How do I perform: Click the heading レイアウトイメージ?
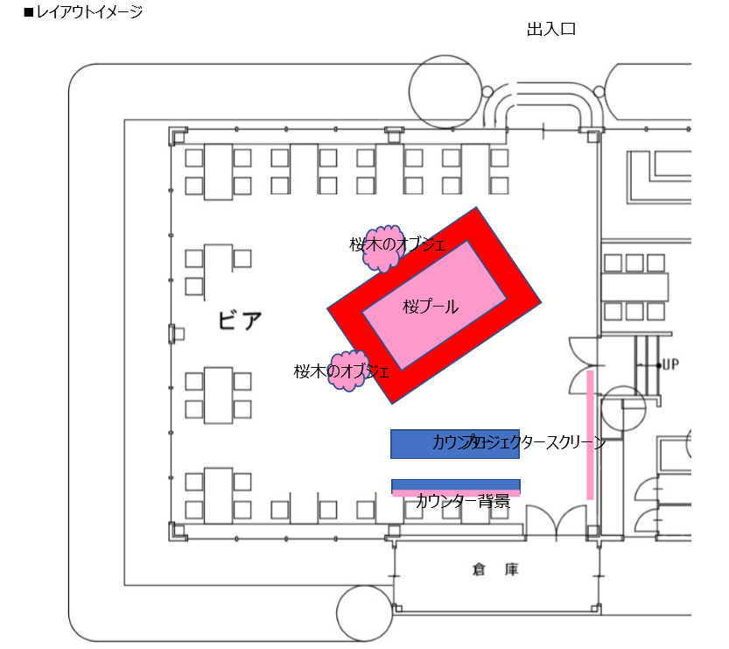(88, 12)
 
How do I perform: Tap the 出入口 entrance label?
(550, 30)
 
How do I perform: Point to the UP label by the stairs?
(670, 364)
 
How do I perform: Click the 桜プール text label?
(431, 307)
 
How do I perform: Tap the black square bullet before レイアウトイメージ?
(28, 13)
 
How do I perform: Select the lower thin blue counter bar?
(455, 484)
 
